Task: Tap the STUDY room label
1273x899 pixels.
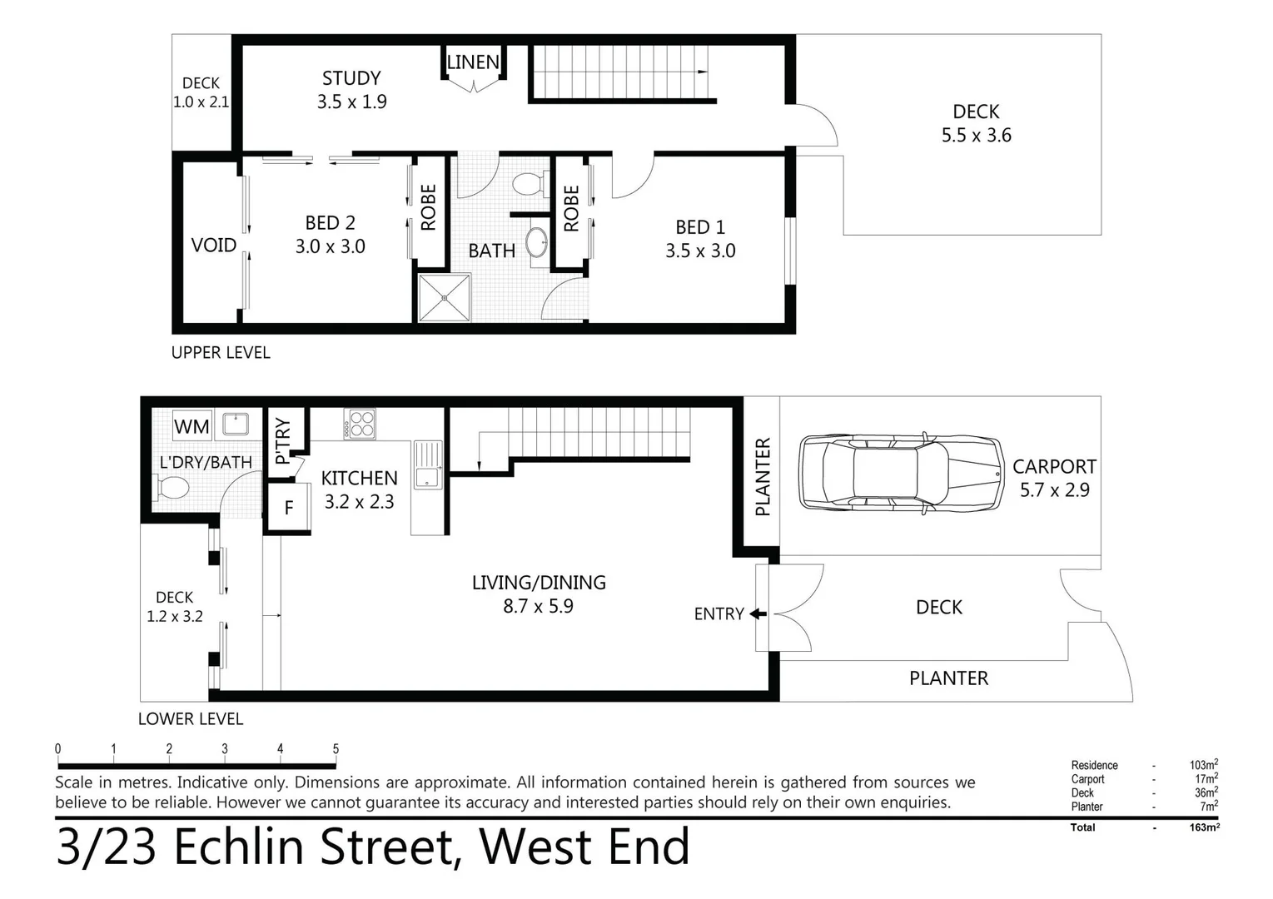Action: point(351,78)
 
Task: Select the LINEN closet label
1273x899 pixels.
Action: point(473,62)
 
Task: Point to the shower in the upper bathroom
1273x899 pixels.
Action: point(444,298)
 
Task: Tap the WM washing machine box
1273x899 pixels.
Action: point(191,427)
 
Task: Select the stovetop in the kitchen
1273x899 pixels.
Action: point(360,424)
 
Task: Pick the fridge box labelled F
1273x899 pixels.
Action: point(288,508)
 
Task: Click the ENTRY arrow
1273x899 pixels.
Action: point(758,614)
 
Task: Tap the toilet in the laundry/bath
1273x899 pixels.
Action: point(172,487)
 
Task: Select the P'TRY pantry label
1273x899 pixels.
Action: point(283,440)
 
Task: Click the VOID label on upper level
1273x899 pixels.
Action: point(214,246)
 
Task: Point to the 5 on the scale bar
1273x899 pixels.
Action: point(336,749)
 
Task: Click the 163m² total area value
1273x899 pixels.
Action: point(1204,827)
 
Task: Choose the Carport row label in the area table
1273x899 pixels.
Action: point(1087,779)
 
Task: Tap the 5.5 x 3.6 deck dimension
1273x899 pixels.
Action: point(976,136)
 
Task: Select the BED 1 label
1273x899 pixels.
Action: point(699,227)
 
